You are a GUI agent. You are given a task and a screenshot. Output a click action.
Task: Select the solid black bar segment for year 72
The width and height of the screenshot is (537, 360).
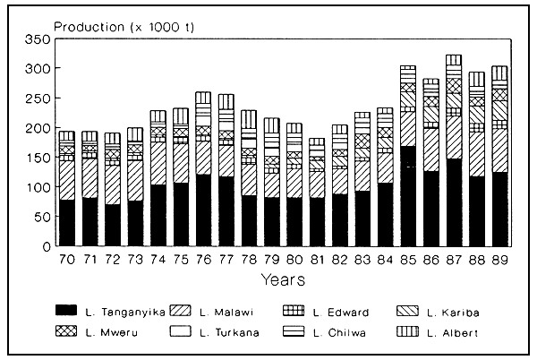tap(113, 225)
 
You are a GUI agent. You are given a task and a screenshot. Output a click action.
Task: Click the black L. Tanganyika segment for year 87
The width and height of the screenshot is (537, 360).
tap(454, 201)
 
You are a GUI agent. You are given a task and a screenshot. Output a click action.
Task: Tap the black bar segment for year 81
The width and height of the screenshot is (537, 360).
tap(318, 221)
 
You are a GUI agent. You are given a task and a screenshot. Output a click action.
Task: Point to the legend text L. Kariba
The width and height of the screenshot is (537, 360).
tap(455, 310)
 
